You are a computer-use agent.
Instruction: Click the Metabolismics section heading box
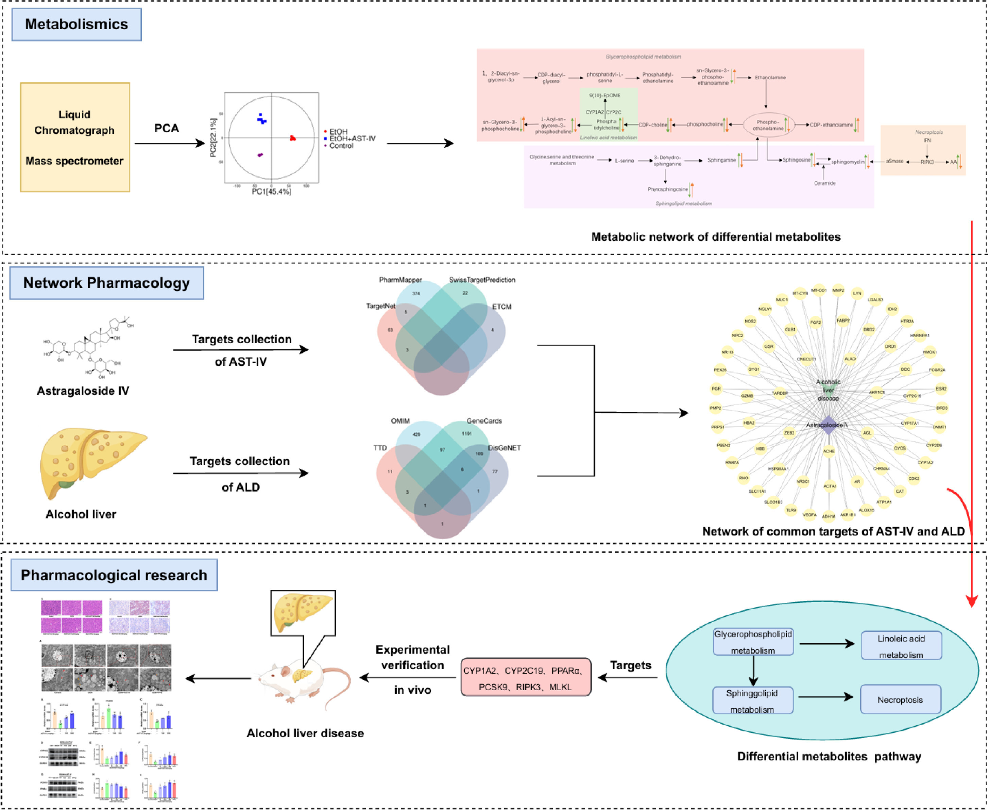coord(76,24)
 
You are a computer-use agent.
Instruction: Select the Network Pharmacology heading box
coord(106,283)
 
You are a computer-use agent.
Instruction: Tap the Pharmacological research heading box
coord(114,575)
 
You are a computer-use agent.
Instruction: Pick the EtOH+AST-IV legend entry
coord(352,138)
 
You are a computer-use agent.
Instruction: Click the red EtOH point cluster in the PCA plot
coord(293,138)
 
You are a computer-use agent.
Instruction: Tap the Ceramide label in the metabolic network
coord(824,183)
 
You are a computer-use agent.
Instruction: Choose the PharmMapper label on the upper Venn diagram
coord(400,280)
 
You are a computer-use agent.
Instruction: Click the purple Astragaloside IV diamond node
coord(828,425)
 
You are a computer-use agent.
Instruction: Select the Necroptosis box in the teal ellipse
coord(900,699)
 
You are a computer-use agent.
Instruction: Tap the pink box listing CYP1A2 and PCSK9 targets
coord(526,678)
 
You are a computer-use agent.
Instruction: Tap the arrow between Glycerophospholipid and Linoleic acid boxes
coord(826,644)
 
